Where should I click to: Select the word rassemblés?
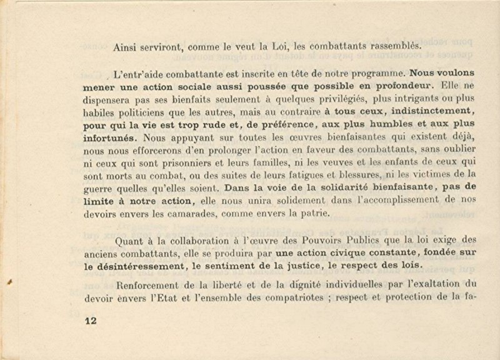click(391, 46)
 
